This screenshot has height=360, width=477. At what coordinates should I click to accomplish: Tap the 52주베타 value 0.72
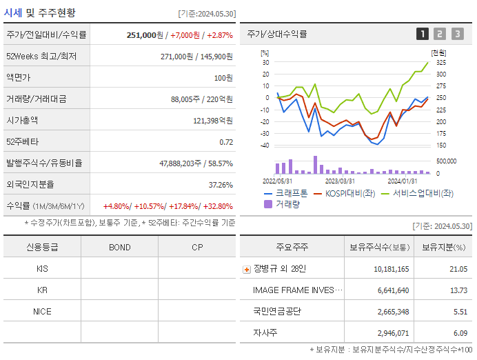pos(226,142)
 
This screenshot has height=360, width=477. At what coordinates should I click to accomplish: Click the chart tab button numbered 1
pos(423,34)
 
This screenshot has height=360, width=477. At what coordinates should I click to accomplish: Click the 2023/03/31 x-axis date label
pos(340,181)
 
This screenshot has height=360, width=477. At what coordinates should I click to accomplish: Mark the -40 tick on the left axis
pos(264,146)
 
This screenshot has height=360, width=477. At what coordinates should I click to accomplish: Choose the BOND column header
pos(119,247)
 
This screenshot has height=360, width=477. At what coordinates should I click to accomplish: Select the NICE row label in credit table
pos(42,311)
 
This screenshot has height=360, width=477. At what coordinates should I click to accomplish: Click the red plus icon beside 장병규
pos(247,270)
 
